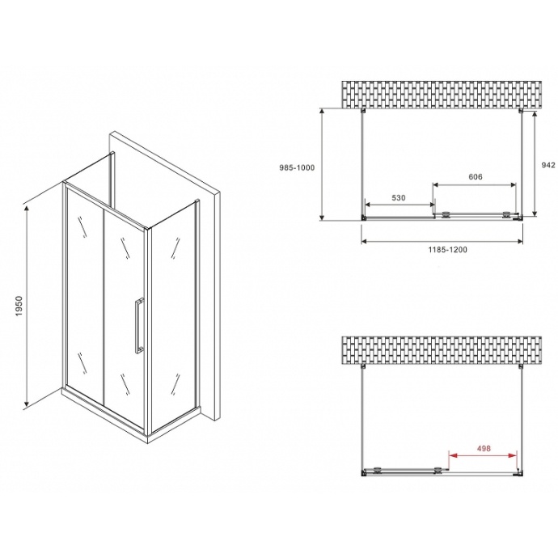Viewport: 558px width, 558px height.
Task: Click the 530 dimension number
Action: pyautogui.click(x=399, y=197)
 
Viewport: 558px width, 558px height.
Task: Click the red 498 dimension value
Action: pyautogui.click(x=484, y=448)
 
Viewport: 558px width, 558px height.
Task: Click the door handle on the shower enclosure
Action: pyautogui.click(x=139, y=325)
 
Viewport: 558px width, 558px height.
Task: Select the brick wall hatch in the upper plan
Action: pyautogui.click(x=442, y=95)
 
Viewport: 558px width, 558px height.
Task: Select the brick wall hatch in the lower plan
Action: pyautogui.click(x=442, y=349)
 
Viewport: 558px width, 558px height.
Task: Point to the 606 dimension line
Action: pyautogui.click(x=475, y=184)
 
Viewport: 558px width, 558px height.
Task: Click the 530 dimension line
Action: pyautogui.click(x=399, y=205)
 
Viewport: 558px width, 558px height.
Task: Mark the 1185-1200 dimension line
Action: pyautogui.click(x=442, y=241)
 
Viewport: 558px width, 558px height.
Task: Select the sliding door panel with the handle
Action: pyautogui.click(x=123, y=315)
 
